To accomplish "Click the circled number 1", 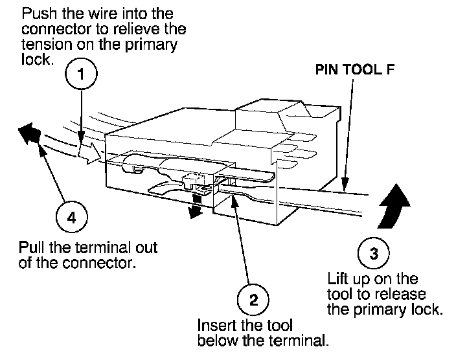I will tap(80, 74).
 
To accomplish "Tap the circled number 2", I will tap(253, 300).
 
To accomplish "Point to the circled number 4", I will tap(71, 218).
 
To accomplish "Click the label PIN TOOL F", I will tap(354, 70).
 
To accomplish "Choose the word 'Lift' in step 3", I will tap(337, 280).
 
